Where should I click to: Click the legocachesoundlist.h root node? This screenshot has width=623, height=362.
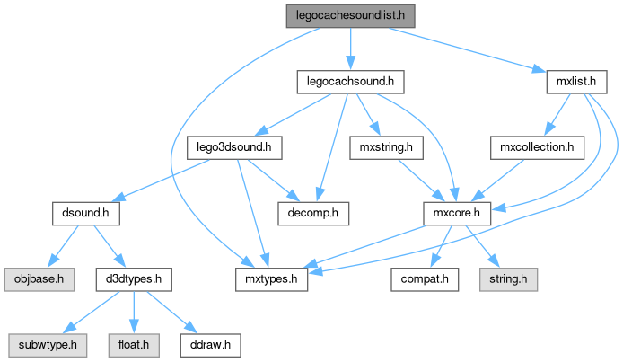click(350, 16)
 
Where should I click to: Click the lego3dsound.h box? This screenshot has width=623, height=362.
click(235, 147)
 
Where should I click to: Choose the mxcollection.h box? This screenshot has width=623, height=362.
click(538, 147)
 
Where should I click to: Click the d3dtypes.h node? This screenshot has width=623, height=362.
click(133, 279)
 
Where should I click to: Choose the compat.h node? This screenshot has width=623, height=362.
click(424, 279)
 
